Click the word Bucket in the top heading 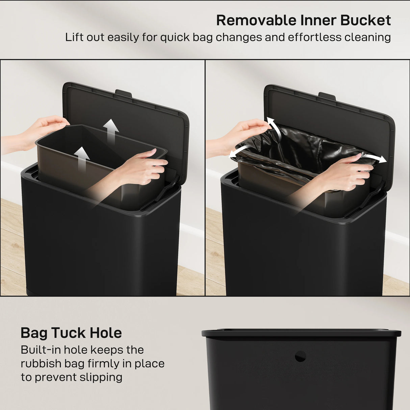coord(365,20)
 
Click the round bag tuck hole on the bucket coord(300,356)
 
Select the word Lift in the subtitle coord(74,37)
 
